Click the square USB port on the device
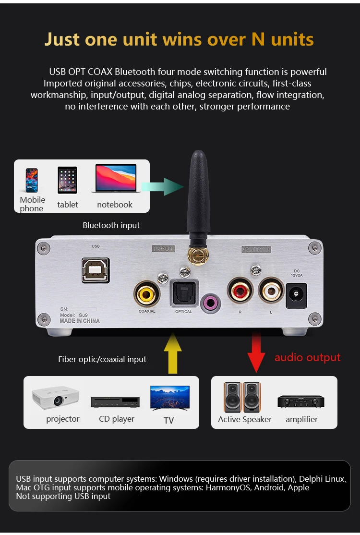[x=96, y=270]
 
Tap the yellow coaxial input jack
[x=147, y=294]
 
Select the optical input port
[x=184, y=293]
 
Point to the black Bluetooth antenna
[x=198, y=198]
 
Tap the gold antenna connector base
[x=198, y=255]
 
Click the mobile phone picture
[x=32, y=181]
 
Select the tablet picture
[x=67, y=180]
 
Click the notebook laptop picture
[x=116, y=179]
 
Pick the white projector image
[x=56, y=398]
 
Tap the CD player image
[x=115, y=402]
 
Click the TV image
[x=170, y=398]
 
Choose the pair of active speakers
[x=242, y=397]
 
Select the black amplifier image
[x=301, y=401]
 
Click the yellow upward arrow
[x=173, y=353]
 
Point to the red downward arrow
[x=256, y=353]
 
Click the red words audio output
[x=308, y=357]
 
